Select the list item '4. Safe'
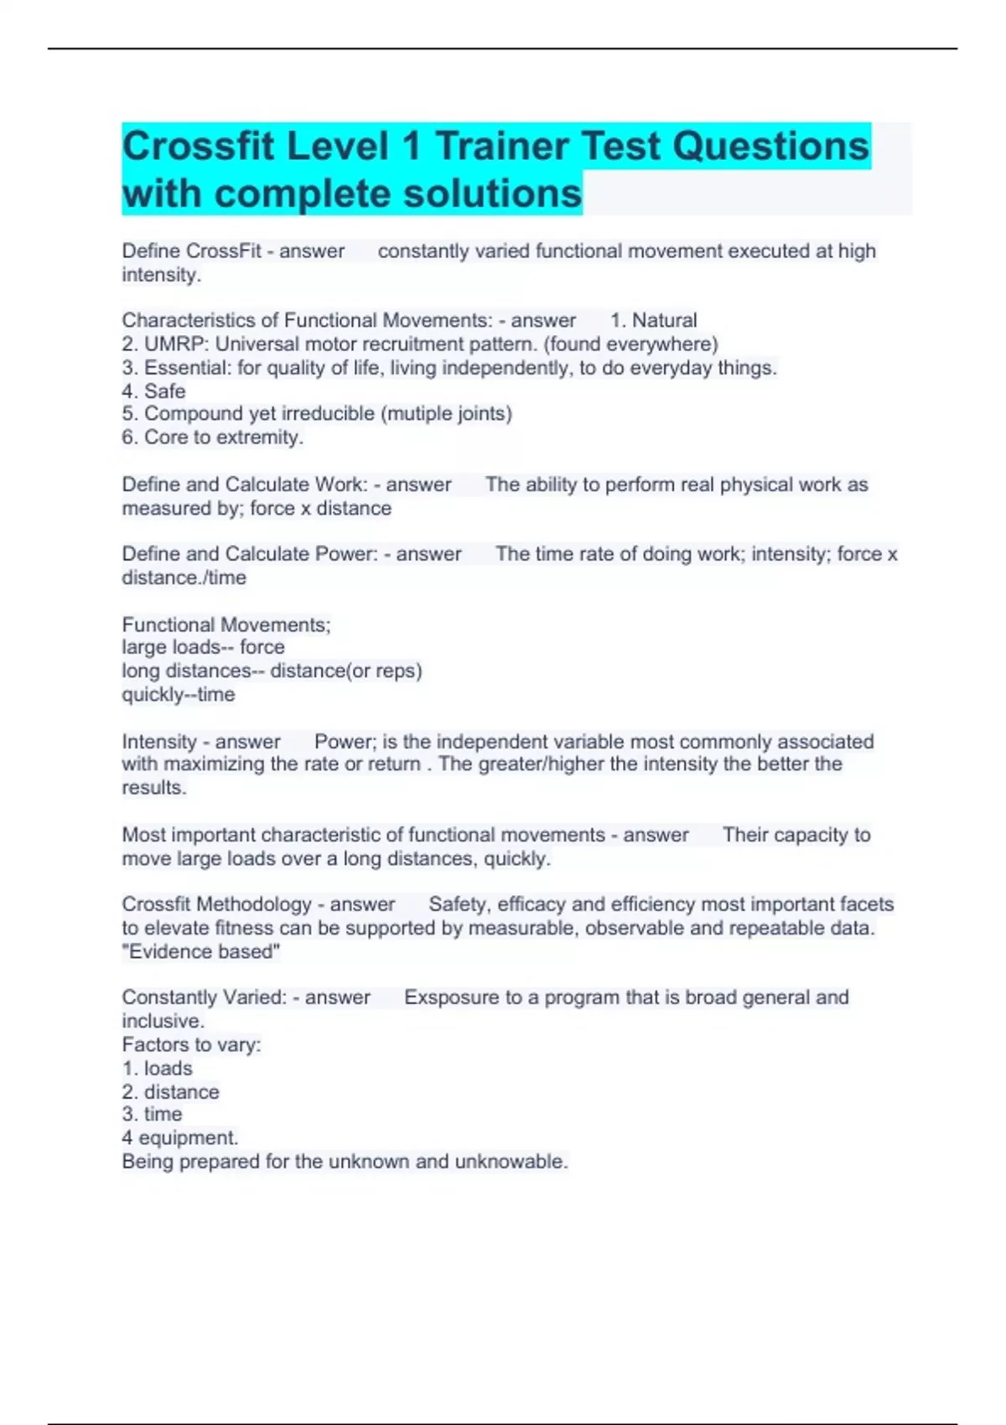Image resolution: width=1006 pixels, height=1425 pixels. pos(153,391)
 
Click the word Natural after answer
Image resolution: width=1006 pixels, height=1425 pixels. pos(664,320)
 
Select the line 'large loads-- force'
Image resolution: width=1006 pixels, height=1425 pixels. pos(203,647)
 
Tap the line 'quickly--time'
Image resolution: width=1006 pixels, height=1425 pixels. pos(178,694)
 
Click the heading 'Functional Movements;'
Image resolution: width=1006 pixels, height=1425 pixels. pos(226,624)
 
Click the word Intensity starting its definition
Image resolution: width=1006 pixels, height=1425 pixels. pos(158,742)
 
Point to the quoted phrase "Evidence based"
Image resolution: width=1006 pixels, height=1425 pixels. pos(201,951)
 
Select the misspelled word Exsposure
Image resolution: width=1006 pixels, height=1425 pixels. pos(451,997)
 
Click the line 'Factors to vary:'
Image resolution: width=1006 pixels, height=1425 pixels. pos(191,1044)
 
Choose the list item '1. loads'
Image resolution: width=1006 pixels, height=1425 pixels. pos(157,1068)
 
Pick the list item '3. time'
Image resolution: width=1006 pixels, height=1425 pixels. pos(152,1114)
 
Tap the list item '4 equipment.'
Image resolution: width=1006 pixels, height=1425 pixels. pos(179,1137)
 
